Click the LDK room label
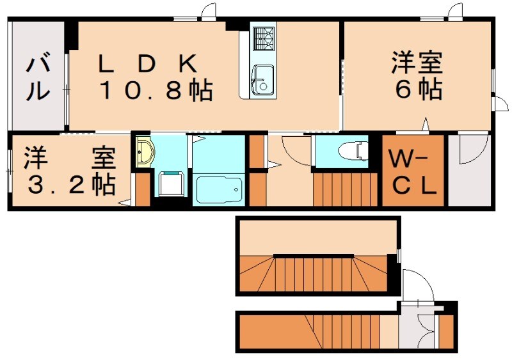click(147, 65)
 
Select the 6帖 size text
click(419, 90)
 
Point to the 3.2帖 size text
click(70, 184)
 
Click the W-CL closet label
click(413, 171)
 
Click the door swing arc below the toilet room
click(291, 150)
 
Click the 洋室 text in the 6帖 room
click(419, 65)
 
